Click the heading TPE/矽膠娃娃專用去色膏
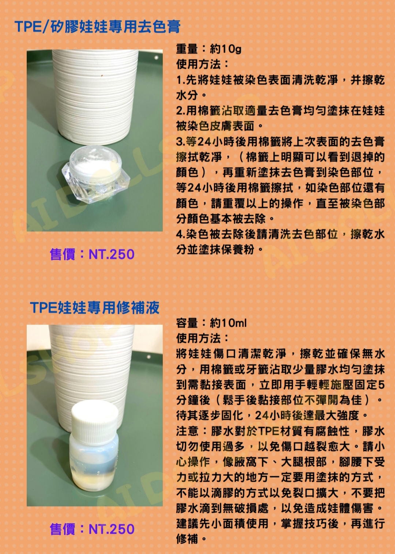(x=97, y=26)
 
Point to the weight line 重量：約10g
(x=208, y=49)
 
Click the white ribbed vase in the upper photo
(x=95, y=98)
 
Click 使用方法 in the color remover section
(x=198, y=65)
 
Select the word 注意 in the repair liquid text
(x=187, y=431)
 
